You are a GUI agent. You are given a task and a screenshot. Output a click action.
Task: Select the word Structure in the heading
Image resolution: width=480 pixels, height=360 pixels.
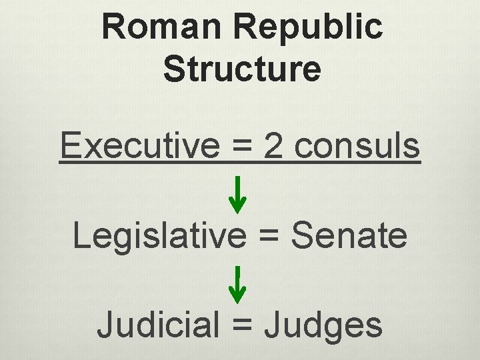[x=241, y=69]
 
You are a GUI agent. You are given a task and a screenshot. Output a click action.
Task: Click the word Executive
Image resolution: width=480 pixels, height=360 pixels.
[x=139, y=146]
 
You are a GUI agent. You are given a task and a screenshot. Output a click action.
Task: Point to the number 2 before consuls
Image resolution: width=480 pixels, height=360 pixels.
[x=273, y=146]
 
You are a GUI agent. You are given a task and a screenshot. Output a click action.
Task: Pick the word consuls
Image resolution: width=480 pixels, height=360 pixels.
[x=357, y=146]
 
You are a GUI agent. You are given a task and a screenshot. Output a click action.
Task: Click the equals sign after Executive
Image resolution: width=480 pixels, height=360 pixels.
[x=239, y=147]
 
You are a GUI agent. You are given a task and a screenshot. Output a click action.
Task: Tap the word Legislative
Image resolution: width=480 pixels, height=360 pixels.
[x=159, y=235]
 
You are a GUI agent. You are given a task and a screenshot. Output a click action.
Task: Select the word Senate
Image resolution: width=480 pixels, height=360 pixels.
[x=350, y=235]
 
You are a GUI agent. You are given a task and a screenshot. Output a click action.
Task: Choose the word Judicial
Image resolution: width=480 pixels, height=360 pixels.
[x=159, y=325]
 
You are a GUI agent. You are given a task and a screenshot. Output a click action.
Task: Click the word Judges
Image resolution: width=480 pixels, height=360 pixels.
[x=323, y=325]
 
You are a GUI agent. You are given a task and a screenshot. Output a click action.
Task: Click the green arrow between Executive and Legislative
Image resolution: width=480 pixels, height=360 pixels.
[x=238, y=193]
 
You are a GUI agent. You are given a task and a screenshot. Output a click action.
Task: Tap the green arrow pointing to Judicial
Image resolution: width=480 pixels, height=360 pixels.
[x=238, y=283]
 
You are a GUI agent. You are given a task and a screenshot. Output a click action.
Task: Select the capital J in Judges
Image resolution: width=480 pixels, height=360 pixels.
[x=272, y=325]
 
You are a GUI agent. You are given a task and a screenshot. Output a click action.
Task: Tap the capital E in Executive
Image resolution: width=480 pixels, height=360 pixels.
[x=69, y=146]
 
